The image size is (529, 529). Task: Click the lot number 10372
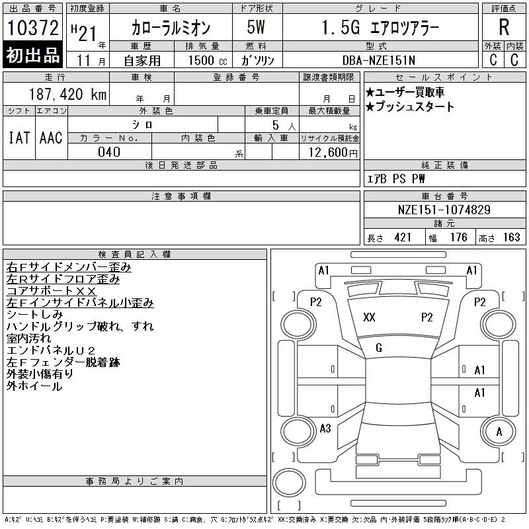[32, 27]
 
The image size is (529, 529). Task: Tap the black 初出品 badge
[32, 55]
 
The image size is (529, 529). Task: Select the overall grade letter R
[504, 27]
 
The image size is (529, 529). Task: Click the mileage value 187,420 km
[67, 94]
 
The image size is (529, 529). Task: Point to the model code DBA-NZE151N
[378, 60]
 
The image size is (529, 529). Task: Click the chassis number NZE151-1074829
[444, 210]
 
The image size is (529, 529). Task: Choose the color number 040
[109, 152]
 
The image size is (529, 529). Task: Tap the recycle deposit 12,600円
[333, 152]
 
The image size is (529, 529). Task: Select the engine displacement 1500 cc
[208, 60]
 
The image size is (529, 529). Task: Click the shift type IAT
[19, 138]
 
